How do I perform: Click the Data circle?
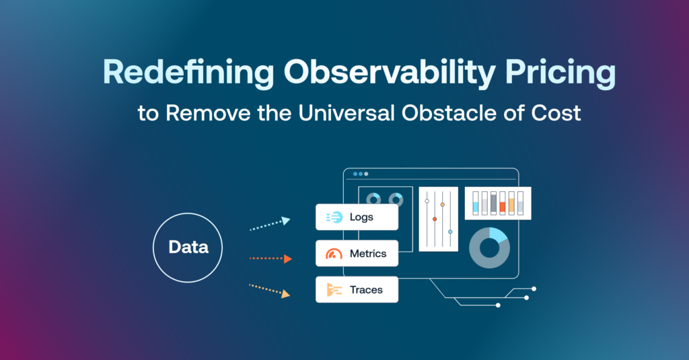coord(188,247)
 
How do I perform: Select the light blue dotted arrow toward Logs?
coord(269,224)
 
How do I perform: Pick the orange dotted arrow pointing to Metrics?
coord(270,258)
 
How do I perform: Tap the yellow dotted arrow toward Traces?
coord(269,290)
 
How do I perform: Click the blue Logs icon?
coord(334,217)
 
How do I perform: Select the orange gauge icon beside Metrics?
coord(334,254)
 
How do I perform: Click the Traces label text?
coord(366,290)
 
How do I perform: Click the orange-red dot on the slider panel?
coord(435,219)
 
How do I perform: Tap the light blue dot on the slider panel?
coord(450,231)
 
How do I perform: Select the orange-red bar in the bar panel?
coord(503,207)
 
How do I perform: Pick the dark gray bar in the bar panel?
coord(494,203)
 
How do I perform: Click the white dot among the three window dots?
coord(366,174)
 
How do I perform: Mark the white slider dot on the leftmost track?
coord(427,201)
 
